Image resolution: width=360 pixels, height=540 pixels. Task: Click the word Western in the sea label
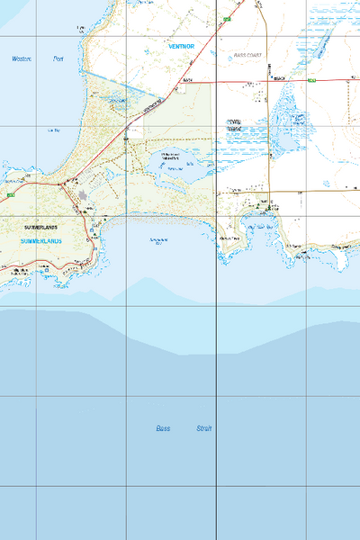[x=22, y=59]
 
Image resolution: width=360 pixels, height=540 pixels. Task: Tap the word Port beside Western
[x=59, y=59]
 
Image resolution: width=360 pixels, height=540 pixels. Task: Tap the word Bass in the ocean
[x=162, y=429]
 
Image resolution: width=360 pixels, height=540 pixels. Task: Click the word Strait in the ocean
[x=204, y=429]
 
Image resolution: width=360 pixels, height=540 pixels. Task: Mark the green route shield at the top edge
[x=228, y=18]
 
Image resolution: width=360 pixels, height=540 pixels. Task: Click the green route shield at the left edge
[x=9, y=194]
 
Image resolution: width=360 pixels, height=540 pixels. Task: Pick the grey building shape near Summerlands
[x=84, y=193]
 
